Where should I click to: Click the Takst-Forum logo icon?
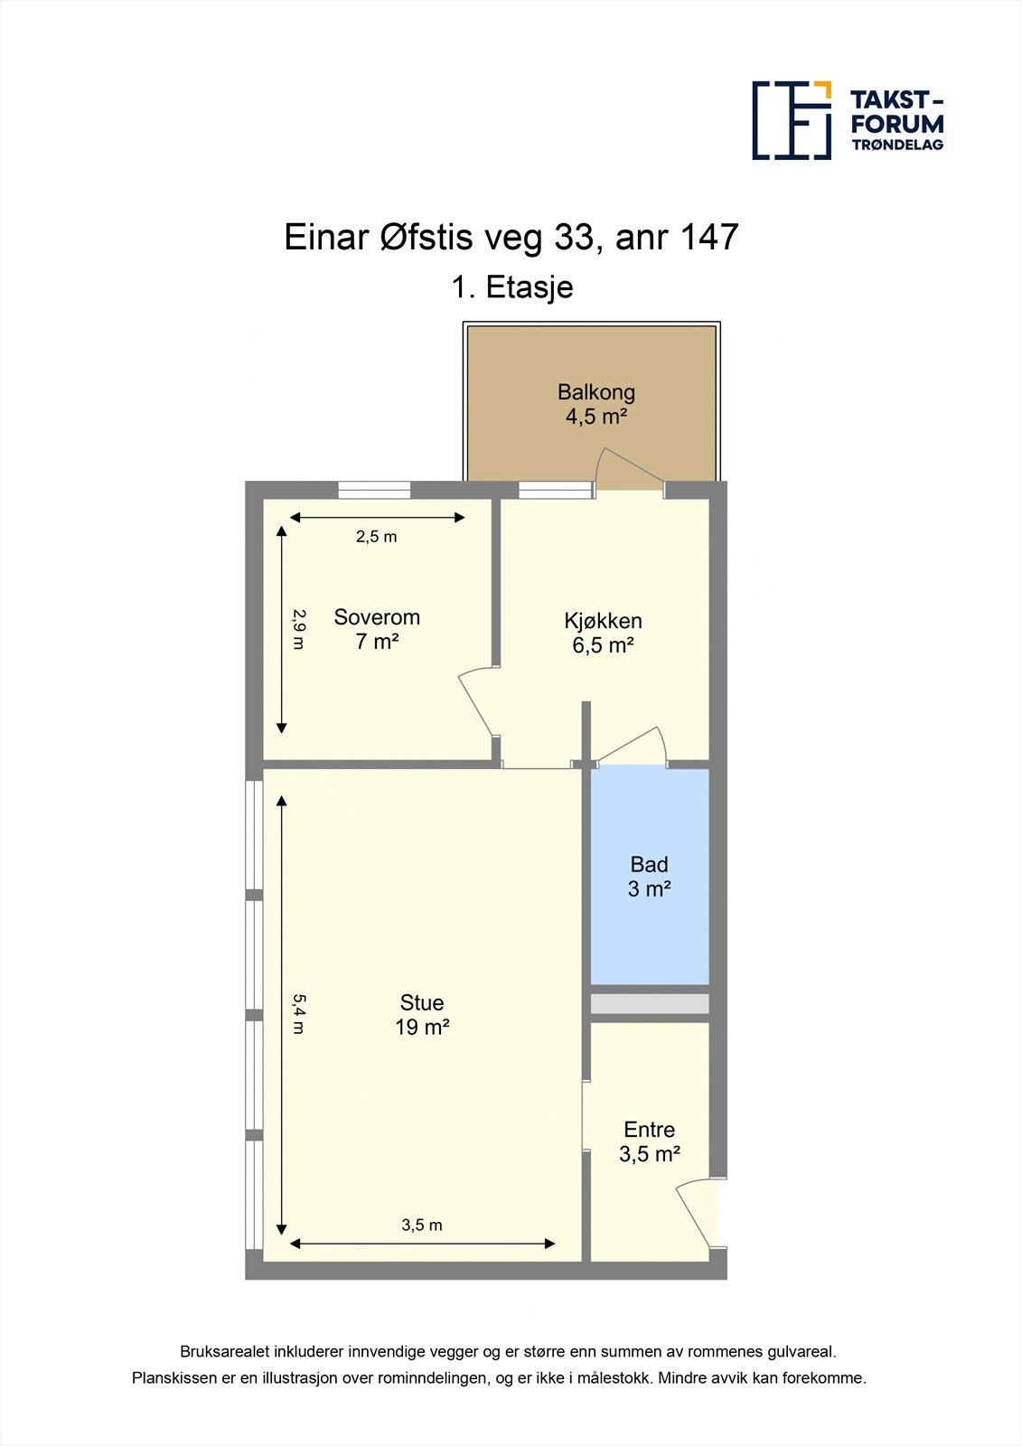pyautogui.click(x=792, y=120)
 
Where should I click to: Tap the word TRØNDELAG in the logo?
pyautogui.click(x=897, y=145)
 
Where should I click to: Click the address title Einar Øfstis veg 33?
pyautogui.click(x=511, y=238)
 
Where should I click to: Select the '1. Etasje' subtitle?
pyautogui.click(x=512, y=287)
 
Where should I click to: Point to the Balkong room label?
pyautogui.click(x=596, y=392)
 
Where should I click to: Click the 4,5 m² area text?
pyautogui.click(x=596, y=417)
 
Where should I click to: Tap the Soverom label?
pyautogui.click(x=377, y=617)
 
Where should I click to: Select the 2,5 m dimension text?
pyautogui.click(x=376, y=537)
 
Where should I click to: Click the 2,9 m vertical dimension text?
pyautogui.click(x=299, y=628)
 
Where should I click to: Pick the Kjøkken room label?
pyautogui.click(x=603, y=621)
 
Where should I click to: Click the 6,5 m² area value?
pyautogui.click(x=603, y=645)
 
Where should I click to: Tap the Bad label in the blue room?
pyautogui.click(x=649, y=865)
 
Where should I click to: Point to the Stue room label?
pyautogui.click(x=422, y=1002)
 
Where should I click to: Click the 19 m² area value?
pyautogui.click(x=422, y=1028)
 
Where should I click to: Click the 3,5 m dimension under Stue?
pyautogui.click(x=422, y=1225)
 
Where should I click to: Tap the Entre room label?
pyautogui.click(x=649, y=1130)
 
